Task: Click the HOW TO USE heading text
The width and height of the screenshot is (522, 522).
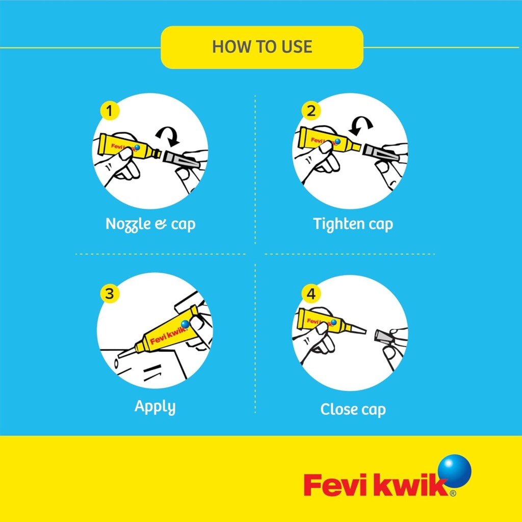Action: click(262, 46)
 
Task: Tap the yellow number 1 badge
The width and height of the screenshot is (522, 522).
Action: click(110, 111)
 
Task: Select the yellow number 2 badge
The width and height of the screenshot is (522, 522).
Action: click(311, 111)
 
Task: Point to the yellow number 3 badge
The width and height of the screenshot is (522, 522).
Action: click(110, 294)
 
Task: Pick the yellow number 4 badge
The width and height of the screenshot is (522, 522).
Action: click(311, 294)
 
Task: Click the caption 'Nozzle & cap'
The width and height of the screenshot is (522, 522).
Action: click(150, 224)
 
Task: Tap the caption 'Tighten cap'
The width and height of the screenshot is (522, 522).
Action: click(353, 224)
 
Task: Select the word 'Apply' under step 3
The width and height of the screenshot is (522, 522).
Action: click(155, 407)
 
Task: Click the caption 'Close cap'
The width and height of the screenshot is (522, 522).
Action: click(353, 409)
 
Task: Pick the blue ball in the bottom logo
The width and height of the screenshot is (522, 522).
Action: click(455, 472)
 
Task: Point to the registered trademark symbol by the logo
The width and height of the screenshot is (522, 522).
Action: click(453, 493)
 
